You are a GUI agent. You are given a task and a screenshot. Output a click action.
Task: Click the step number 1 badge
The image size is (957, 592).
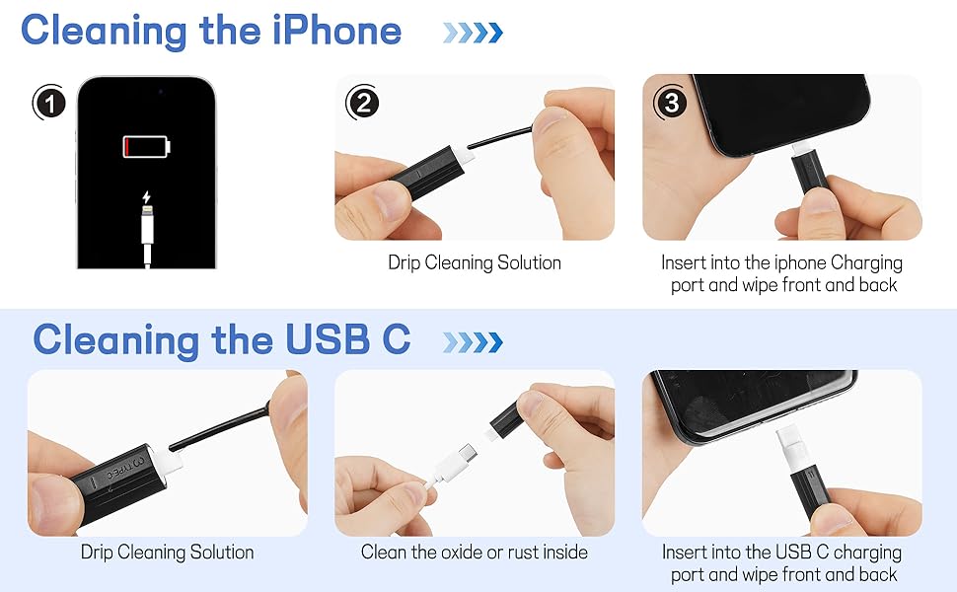[x=49, y=102]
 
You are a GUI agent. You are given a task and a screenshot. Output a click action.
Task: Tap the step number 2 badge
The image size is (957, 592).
[x=362, y=102]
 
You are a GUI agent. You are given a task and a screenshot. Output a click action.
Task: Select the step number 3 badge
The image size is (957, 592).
[x=671, y=102]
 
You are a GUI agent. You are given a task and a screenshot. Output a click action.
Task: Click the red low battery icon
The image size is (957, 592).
[x=146, y=148]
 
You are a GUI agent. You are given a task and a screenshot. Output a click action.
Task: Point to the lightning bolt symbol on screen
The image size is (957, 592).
[x=147, y=195]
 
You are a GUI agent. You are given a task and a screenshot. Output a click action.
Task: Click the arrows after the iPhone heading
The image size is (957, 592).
[x=472, y=33]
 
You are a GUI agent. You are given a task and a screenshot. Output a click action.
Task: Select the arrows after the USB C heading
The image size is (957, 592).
[x=472, y=341]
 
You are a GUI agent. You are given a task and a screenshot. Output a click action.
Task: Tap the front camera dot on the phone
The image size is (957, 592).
[x=159, y=91]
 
